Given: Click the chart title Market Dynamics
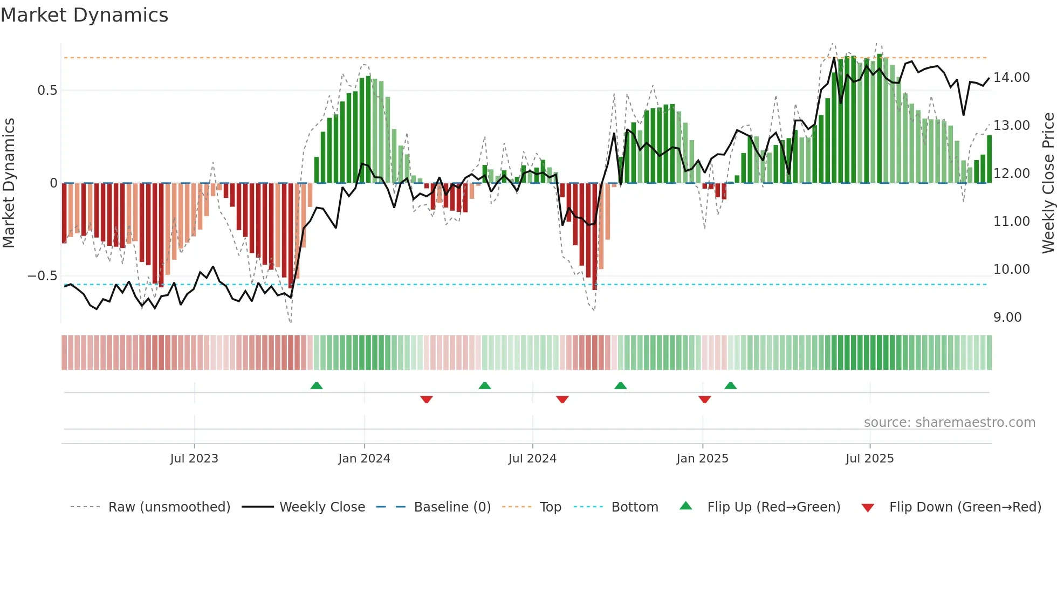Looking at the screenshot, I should pos(84,15).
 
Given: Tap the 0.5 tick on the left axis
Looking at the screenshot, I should pos(47,91).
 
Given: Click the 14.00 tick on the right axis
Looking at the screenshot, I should pos(1012,78).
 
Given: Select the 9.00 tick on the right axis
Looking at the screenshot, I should pos(1007,317).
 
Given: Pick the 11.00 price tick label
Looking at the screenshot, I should pos(1012,222).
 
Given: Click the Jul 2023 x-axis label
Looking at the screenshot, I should pos(194,459).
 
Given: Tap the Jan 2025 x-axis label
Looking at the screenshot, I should pos(702,459).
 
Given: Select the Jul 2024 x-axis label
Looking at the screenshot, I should pos(532,459).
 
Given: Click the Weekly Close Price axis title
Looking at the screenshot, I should pos(1048,183).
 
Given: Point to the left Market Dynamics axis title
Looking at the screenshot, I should pos(9,183).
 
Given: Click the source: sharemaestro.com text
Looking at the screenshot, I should pos(949,423).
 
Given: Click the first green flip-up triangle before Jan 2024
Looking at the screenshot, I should pos(317,385).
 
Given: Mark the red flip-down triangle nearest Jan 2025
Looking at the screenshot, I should pos(704,399).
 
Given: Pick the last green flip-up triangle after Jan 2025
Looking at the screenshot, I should pos(731,385).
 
